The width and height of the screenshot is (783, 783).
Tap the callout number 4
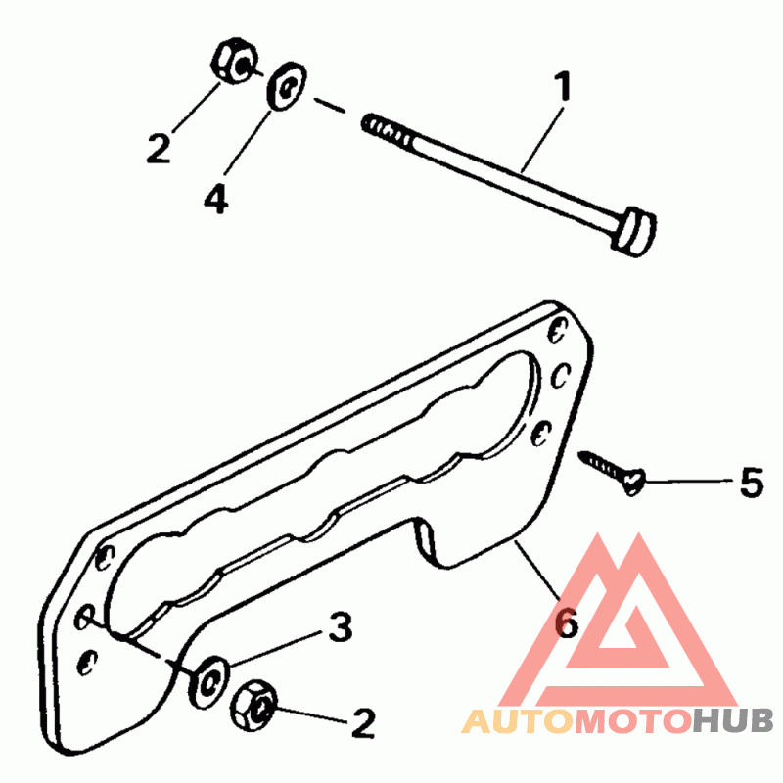(x=215, y=199)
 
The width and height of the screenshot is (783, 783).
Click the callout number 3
(x=340, y=627)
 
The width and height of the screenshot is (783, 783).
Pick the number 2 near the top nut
(x=159, y=148)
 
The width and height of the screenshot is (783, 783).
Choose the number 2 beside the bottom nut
(x=362, y=724)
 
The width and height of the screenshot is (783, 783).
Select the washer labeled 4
(x=287, y=86)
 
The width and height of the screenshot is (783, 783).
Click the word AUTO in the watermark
(x=517, y=722)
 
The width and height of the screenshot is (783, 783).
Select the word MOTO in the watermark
(x=631, y=722)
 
